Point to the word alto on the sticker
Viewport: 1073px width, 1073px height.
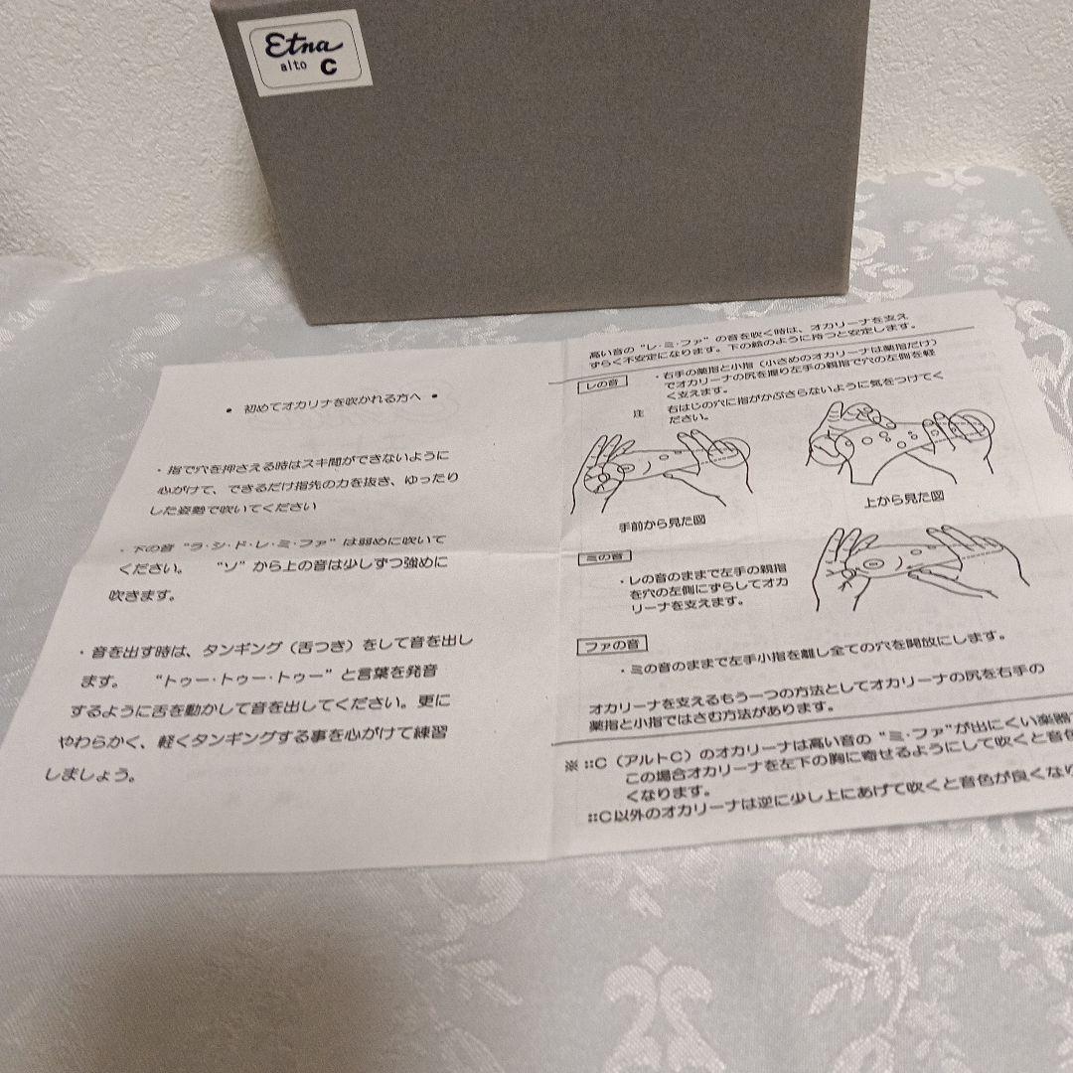[x=294, y=67]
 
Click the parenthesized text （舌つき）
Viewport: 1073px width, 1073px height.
[x=335, y=647]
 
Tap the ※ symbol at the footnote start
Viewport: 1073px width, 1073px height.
[x=570, y=764]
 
